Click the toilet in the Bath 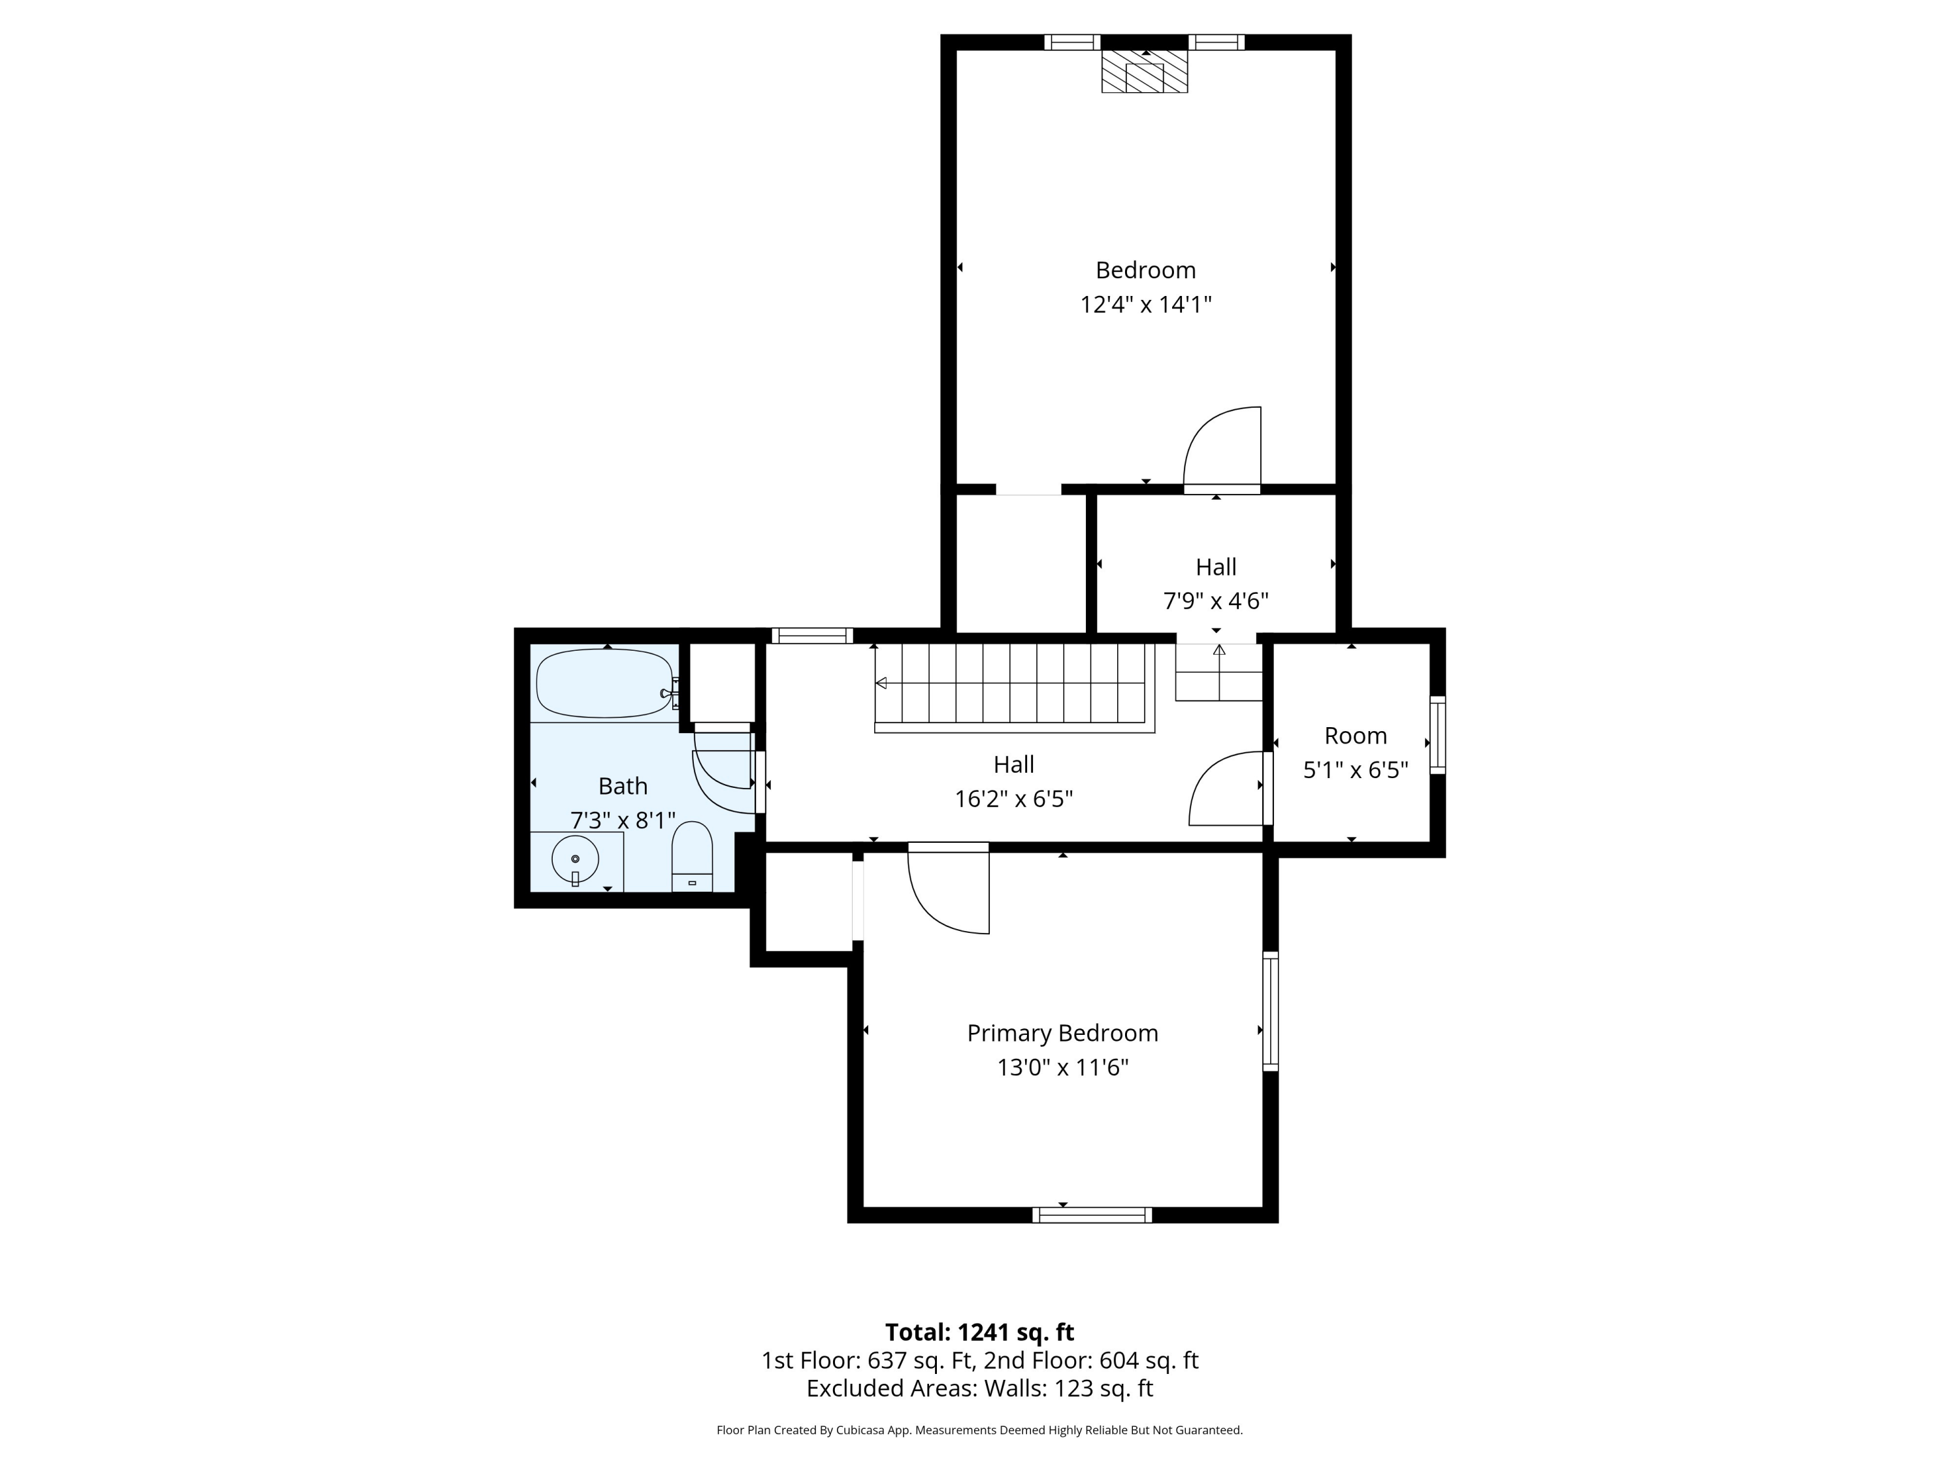692,857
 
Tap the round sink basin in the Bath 575,858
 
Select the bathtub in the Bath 607,683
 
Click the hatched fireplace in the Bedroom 1144,71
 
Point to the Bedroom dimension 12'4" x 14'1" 1146,305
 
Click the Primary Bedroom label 1062,1033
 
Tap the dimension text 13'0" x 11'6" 1062,1068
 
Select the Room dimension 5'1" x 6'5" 1356,770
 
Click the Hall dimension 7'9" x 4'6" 1216,602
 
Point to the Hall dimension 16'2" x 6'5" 1014,799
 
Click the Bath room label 623,786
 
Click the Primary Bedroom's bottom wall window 1092,1215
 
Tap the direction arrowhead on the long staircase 881,683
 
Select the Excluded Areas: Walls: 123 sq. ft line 979,1388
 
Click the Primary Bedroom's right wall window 1271,1011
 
